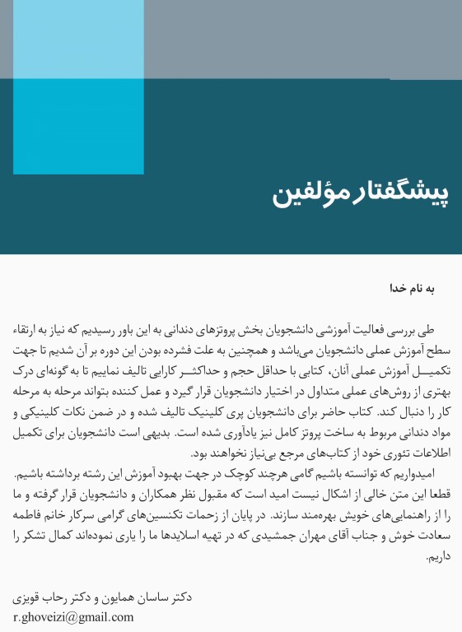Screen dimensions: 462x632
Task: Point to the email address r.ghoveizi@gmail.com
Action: (x=73, y=616)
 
